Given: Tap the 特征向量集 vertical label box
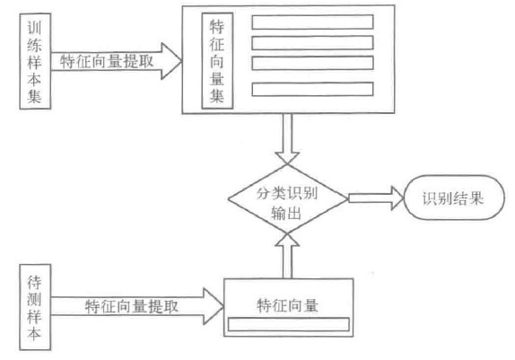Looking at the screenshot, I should point(217,61).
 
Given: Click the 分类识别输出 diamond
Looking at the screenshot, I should point(285,200).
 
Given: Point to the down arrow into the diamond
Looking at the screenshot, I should point(285,138).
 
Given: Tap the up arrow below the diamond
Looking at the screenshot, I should point(285,257).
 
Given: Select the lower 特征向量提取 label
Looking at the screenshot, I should point(131,305).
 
